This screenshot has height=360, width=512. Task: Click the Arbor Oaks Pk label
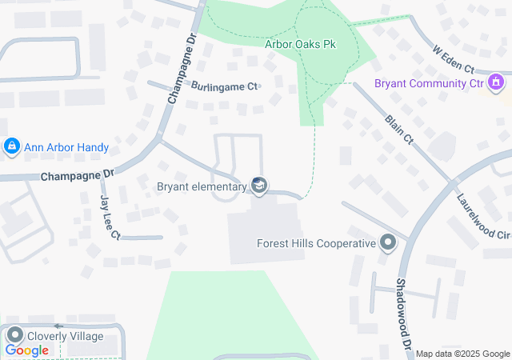click(x=300, y=43)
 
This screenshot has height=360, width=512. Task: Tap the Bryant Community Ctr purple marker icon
click(x=496, y=82)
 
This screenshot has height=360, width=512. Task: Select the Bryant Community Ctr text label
click(x=430, y=83)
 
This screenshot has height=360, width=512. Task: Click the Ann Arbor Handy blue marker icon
click(x=11, y=147)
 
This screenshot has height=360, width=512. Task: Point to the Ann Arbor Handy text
click(x=66, y=148)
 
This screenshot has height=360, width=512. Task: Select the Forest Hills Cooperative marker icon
click(x=388, y=242)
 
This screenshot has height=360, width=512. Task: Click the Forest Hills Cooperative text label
click(x=316, y=243)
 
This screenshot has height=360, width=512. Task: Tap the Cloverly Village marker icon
click(x=14, y=335)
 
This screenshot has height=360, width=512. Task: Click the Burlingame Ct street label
click(x=225, y=86)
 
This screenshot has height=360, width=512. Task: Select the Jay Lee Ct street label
click(x=109, y=217)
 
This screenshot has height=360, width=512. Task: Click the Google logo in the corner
click(x=27, y=350)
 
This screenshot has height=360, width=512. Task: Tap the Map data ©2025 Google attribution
click(x=462, y=354)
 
